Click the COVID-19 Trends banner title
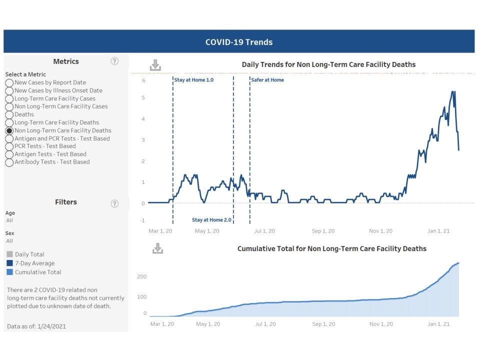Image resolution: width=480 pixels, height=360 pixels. pos(239,42)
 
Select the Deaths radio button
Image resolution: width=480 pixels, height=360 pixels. pos(9,114)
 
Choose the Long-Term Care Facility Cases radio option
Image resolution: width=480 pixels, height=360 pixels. pos(9,98)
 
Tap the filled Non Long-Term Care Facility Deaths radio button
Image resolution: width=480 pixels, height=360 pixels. pos(9,130)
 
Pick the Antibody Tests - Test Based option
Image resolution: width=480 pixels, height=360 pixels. pos(9,162)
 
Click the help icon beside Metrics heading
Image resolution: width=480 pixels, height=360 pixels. pos(114,61)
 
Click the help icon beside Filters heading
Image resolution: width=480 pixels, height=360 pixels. pos(114,203)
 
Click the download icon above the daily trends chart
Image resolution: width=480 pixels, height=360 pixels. pos(155,65)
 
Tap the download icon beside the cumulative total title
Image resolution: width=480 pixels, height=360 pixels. pos(157,248)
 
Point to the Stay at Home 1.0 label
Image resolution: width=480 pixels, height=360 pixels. pos(194,80)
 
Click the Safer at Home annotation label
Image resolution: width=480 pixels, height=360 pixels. pos(267,80)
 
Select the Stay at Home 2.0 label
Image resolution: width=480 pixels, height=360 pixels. pos(212,220)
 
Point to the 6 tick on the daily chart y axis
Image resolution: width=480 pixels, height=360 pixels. pos(143,80)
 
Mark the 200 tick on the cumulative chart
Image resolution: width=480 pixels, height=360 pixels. pos(142,276)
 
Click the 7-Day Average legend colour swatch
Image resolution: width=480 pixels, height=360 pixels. pos(9,263)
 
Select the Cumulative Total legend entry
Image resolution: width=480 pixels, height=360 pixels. pos(38,272)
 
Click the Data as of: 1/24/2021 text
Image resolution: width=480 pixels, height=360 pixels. pos(36,326)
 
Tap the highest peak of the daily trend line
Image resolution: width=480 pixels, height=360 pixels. pos(453,91)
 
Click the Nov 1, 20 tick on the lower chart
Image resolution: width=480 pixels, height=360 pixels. pos(380,324)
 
